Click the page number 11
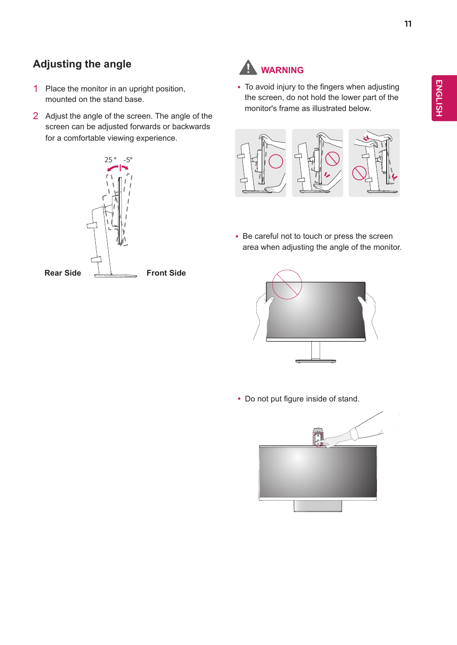(408, 24)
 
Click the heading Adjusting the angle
(82, 64)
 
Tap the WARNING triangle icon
(248, 68)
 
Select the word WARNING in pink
(282, 70)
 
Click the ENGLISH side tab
(444, 98)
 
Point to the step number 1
(35, 89)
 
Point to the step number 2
(35, 116)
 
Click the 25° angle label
(110, 160)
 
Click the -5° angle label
(128, 160)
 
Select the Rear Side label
(63, 273)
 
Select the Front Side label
(166, 273)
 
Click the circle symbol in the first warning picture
(276, 162)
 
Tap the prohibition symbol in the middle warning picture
(332, 159)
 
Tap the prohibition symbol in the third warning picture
(359, 173)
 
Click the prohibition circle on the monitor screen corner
(287, 284)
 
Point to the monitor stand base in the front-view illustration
(316, 361)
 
